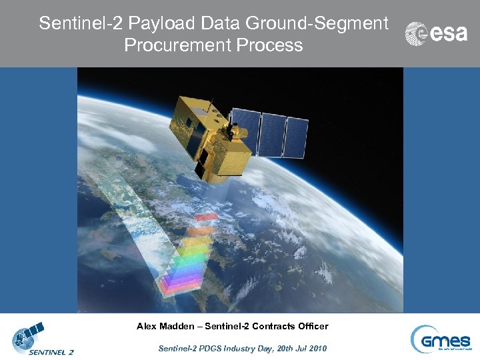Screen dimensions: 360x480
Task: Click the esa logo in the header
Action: pos(437,33)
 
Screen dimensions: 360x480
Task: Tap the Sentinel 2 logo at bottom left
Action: pos(42,340)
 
